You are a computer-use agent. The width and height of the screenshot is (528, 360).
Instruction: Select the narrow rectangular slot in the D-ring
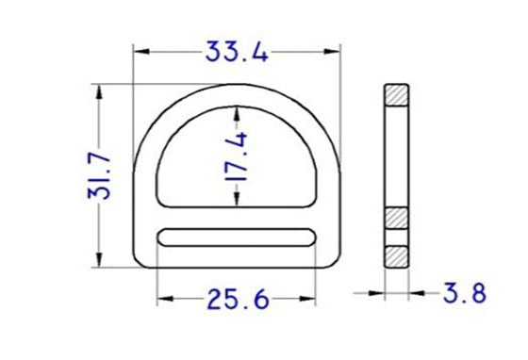[237, 238]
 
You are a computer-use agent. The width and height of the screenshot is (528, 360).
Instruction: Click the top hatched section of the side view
[396, 95]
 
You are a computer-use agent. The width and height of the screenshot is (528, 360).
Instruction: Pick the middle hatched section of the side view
[396, 217]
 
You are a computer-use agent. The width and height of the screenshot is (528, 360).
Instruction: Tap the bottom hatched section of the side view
[396, 255]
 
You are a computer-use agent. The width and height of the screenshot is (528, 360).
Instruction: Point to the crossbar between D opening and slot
[237, 219]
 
